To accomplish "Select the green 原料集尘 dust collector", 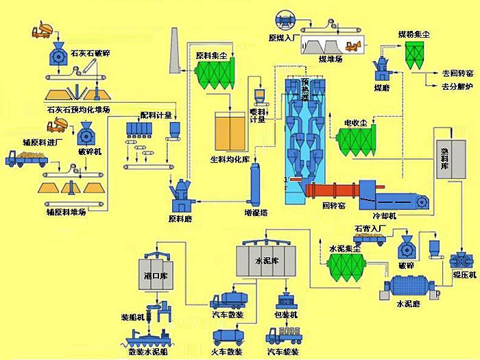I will pos(217,75).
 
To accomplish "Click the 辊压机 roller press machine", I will pos(461,261).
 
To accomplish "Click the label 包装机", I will pos(286,315).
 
